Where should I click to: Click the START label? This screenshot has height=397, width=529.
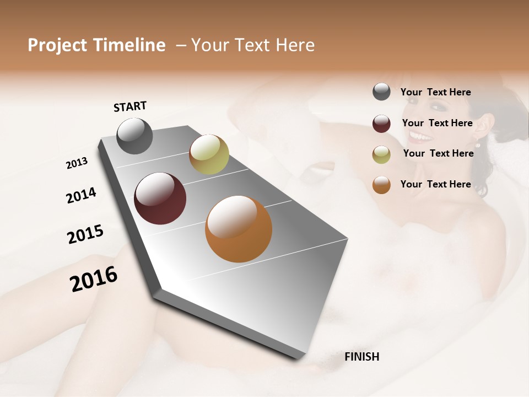pos(130,106)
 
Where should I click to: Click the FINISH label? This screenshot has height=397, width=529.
pos(362,357)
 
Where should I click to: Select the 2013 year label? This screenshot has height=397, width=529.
pos(77,163)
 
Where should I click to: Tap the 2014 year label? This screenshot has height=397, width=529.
pos(81,195)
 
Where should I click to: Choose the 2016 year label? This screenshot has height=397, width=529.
pos(94,278)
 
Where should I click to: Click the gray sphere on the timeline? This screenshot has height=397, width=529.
pos(134,136)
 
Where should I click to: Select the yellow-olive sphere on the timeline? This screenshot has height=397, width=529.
pos(209,154)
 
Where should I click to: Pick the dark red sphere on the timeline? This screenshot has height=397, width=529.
pos(160,198)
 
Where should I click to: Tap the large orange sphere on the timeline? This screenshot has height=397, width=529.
pos(239,229)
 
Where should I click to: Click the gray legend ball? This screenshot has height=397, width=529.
pos(381,92)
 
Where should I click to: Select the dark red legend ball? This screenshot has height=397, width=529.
pos(381,124)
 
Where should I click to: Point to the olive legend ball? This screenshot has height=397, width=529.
pos(381,154)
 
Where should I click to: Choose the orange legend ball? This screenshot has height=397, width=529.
pos(381,185)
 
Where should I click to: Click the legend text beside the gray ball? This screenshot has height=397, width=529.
pos(435,92)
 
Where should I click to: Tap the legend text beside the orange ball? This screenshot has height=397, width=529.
pos(435,184)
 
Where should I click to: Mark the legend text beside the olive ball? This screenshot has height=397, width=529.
pos(438,153)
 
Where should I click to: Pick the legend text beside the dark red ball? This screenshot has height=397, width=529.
pos(437,123)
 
